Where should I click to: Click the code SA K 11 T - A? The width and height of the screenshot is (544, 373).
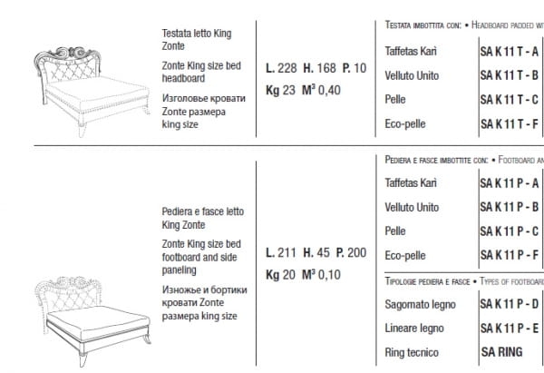coord(509,52)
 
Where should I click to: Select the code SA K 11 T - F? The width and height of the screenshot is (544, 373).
coord(509,123)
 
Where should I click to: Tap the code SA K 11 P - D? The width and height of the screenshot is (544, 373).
coord(509,305)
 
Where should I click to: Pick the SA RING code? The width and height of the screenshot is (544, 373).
coord(500,350)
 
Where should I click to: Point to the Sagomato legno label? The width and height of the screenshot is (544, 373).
coord(420,305)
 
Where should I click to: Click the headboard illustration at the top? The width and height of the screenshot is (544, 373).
coord(85,74)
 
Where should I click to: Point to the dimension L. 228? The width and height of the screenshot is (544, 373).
coord(281,67)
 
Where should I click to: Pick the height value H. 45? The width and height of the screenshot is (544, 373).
coord(316,252)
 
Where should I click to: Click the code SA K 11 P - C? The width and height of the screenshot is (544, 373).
coord(509,231)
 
